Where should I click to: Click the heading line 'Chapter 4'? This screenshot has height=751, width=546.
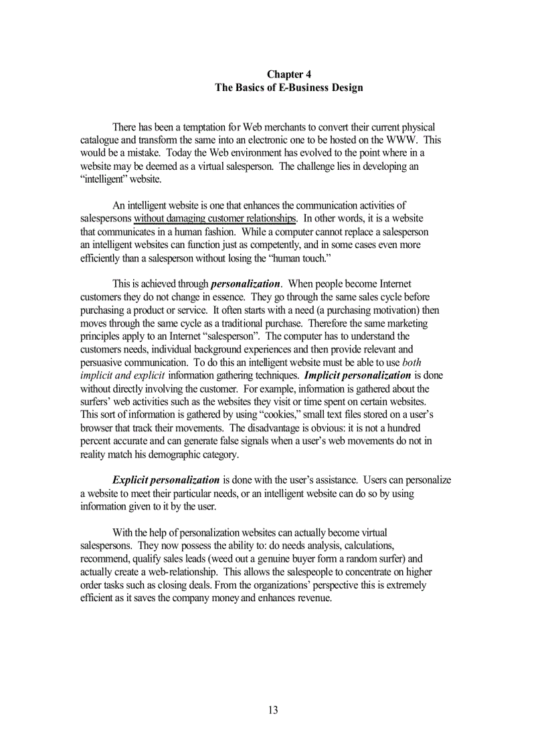pos(288,74)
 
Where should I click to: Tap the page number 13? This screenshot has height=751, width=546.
pos(272,710)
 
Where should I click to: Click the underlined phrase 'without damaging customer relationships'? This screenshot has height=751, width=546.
pos(215,219)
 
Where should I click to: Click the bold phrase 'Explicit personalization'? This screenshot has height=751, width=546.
pos(166,479)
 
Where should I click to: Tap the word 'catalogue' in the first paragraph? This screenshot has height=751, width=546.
pos(100,140)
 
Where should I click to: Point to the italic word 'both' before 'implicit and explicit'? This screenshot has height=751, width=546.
pos(412,362)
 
